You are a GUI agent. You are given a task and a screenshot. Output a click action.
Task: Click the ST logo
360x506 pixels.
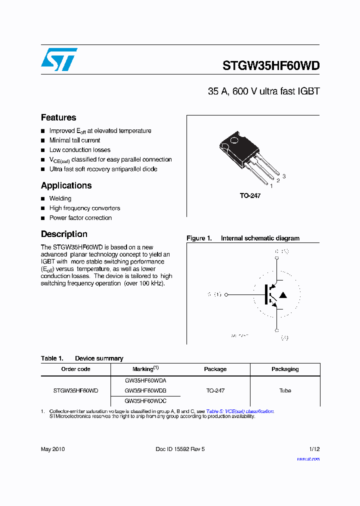pyautogui.click(x=59, y=59)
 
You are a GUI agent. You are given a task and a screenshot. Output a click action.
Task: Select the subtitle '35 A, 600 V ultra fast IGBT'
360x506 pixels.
pyautogui.click(x=263, y=91)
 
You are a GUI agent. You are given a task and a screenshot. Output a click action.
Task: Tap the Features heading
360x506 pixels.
pyautogui.click(x=58, y=117)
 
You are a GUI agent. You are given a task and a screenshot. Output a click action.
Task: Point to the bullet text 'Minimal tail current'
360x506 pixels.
pyautogui.click(x=74, y=140)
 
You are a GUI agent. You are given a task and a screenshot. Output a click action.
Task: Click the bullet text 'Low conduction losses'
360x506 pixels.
pyautogui.click(x=79, y=150)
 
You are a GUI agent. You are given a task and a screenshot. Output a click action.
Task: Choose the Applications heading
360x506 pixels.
pyautogui.click(x=66, y=185)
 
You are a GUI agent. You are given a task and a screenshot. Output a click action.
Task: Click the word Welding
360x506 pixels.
pyautogui.click(x=60, y=198)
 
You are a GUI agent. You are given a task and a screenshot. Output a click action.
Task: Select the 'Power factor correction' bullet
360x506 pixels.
pyautogui.click(x=80, y=218)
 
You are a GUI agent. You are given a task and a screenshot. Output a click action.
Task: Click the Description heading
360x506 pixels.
pyautogui.click(x=64, y=234)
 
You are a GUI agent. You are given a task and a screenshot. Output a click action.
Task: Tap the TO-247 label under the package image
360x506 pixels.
pyautogui.click(x=250, y=196)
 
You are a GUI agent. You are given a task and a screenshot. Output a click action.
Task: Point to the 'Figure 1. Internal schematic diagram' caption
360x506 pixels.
pyautogui.click(x=243, y=238)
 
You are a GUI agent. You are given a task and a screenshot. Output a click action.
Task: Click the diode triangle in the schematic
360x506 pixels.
pyautogui.click(x=283, y=295)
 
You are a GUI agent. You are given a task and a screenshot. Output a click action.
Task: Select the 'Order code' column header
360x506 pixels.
pyautogui.click(x=75, y=369)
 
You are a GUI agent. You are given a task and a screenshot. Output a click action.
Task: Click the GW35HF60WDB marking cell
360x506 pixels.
pyautogui.click(x=145, y=390)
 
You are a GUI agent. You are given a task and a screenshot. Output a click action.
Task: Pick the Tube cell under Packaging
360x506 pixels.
pyautogui.click(x=285, y=390)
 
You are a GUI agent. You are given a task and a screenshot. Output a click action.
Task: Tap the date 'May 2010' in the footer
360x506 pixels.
pyautogui.click(x=52, y=449)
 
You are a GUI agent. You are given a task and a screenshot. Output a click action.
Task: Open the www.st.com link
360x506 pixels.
pyautogui.click(x=308, y=459)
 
